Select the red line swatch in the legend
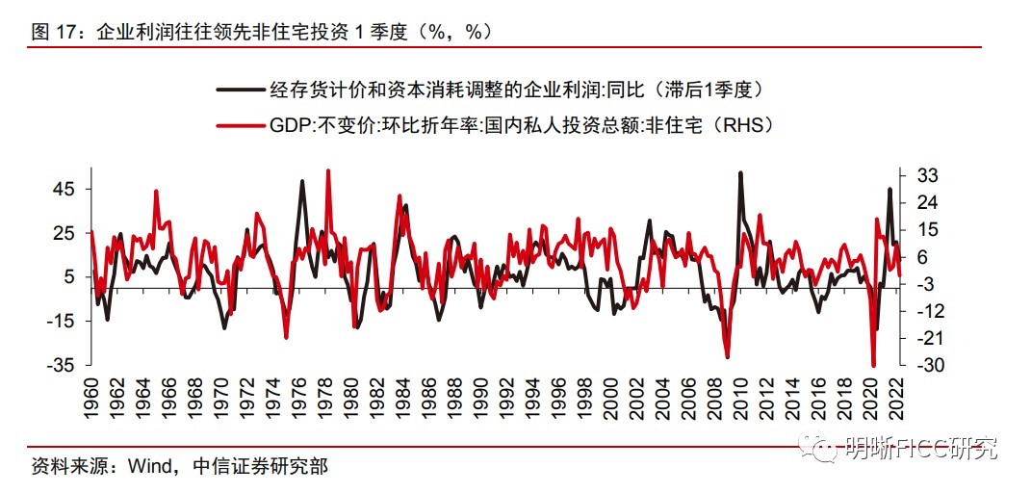coord(241,125)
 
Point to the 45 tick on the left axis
coord(63,189)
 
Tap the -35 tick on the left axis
coord(60,365)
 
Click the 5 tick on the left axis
coord(67,277)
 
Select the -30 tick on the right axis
coord(919,365)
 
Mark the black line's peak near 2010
coord(739,173)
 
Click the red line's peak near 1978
coord(328,170)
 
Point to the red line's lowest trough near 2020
coord(873,365)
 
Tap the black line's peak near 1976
coord(302,181)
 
